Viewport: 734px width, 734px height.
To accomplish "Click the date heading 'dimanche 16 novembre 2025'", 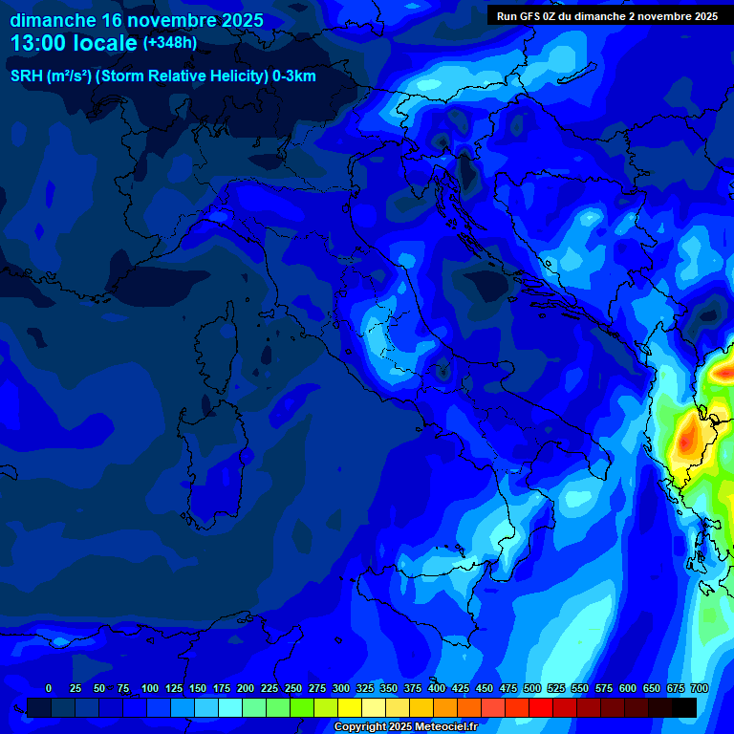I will [137, 20].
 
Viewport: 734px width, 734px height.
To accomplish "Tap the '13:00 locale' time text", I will [74, 43].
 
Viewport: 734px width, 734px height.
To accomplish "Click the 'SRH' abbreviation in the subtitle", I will [27, 76].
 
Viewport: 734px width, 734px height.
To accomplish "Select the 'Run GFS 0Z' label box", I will [607, 16].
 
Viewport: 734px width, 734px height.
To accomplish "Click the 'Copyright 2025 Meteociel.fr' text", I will [405, 727].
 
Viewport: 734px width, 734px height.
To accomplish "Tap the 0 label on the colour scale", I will [49, 688].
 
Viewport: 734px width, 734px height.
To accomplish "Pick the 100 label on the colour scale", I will [150, 688].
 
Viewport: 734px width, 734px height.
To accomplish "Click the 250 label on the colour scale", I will [293, 688].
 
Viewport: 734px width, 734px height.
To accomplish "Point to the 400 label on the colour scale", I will [437, 688].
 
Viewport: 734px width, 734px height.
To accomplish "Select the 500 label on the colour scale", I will [532, 688].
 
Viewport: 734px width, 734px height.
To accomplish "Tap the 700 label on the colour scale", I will [699, 688].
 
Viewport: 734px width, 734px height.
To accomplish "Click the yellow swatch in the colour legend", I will [350, 707].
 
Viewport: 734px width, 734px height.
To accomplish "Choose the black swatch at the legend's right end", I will [684, 707].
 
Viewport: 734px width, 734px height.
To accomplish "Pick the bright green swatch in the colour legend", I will [302, 707].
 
